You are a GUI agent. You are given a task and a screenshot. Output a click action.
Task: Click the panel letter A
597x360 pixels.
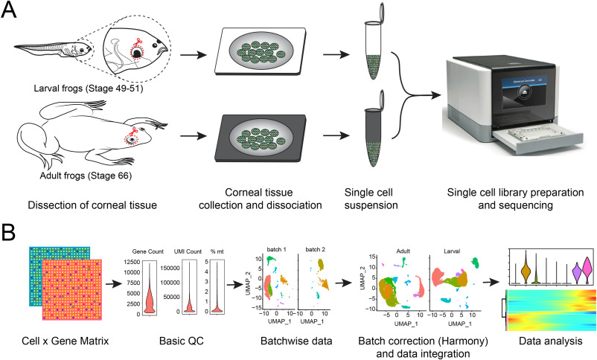(13, 13)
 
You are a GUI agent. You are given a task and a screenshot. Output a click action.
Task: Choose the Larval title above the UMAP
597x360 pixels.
(460, 253)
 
